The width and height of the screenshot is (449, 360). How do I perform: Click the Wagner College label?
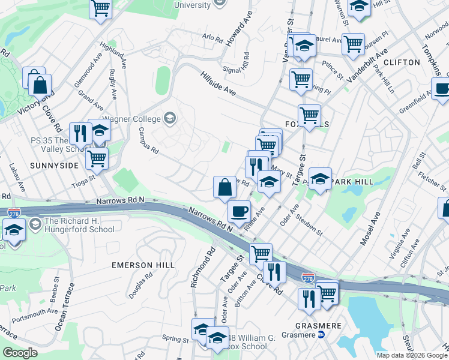tap(134, 118)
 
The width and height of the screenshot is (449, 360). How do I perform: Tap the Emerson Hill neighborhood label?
tap(143, 265)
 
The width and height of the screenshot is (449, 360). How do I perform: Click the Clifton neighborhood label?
tap(401, 62)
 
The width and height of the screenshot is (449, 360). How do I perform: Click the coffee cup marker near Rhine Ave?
tap(240, 211)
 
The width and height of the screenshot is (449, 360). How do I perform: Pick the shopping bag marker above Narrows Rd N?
tap(224, 187)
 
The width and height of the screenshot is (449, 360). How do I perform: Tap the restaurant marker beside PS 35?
tap(79, 133)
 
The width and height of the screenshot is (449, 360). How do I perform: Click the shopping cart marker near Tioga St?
tap(96, 159)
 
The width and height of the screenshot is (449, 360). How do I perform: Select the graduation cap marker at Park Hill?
tap(320, 179)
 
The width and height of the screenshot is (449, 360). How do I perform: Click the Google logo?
tap(20, 352)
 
